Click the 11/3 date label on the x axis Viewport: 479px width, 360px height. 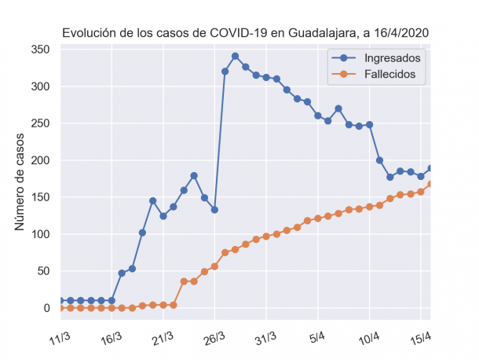(60, 337)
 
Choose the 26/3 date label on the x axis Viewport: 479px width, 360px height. (214, 337)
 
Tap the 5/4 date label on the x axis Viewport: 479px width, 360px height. (318, 337)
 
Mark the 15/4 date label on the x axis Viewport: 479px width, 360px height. (422, 337)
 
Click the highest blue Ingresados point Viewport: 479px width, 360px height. (236, 56)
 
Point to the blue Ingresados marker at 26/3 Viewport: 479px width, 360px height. (214, 210)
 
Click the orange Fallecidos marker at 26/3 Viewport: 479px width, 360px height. (214, 266)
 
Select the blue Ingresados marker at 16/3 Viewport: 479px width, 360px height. (112, 300)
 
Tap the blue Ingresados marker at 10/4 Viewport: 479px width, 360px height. (369, 125)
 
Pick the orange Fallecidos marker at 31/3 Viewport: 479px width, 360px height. (266, 236)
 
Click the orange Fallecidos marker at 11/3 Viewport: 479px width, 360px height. (60, 308)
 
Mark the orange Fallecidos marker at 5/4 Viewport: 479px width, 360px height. (318, 218)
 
